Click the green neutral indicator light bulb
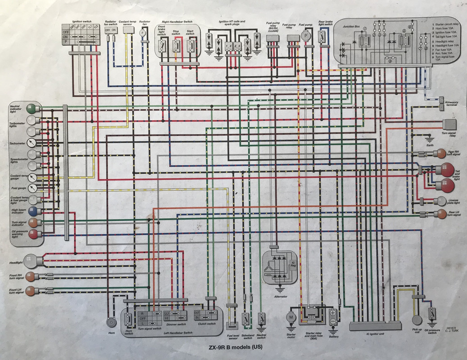tap(32, 108)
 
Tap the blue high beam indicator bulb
tap(32, 211)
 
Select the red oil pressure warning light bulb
tap(32, 234)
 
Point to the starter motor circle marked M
tap(291, 317)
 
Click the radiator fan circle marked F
tap(144, 32)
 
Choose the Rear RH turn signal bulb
tap(440, 153)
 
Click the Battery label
tap(334, 336)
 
